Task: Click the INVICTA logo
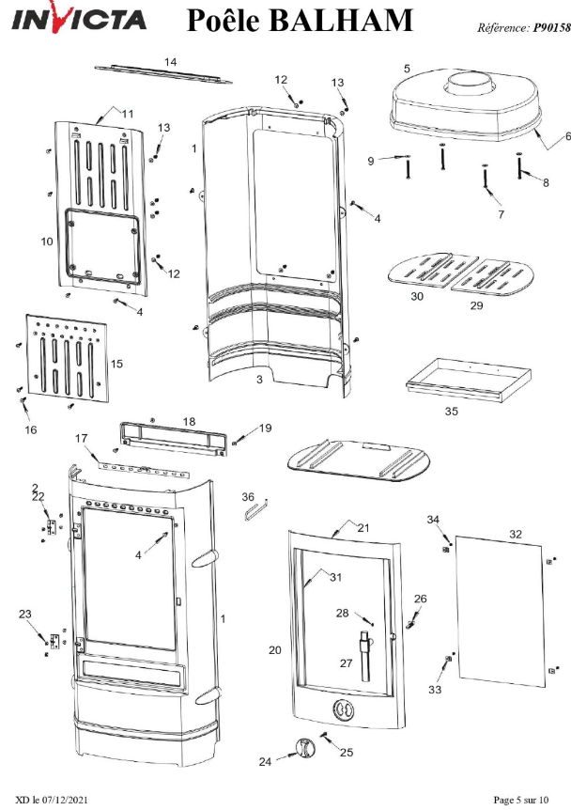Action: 79,18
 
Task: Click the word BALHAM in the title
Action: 341,20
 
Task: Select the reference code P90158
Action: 552,27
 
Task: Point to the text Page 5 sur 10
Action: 521,800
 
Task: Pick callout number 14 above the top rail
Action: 170,62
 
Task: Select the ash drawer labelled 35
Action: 469,380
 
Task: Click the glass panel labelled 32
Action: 500,611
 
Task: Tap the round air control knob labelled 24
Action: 304,749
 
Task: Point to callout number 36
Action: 248,497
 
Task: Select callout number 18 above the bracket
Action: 189,422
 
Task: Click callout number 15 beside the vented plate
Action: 116,364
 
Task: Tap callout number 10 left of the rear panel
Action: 47,241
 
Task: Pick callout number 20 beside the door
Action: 274,650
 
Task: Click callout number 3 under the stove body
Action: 259,380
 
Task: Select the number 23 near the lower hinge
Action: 24,614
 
